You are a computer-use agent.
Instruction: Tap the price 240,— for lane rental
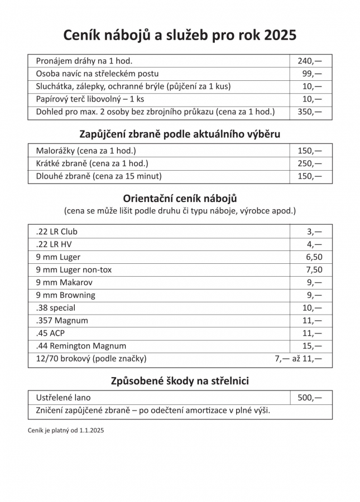tap(310, 61)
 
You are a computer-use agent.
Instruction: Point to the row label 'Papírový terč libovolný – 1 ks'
tap(90, 99)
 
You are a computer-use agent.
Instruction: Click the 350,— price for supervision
tap(310, 112)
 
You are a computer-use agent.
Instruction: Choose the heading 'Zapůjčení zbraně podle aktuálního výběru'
tap(180, 134)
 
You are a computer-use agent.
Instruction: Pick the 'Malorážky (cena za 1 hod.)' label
tap(86, 151)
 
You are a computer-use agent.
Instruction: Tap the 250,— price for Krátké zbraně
tap(310, 163)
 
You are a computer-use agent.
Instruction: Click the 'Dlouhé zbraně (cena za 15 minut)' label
tap(98, 176)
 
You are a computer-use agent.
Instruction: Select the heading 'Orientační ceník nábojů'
tap(180, 198)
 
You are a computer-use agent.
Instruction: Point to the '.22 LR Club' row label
tap(56, 231)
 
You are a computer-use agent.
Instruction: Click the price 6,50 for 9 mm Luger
tap(314, 257)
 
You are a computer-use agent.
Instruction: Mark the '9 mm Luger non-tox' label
tap(74, 269)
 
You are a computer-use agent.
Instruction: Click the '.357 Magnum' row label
tap(62, 321)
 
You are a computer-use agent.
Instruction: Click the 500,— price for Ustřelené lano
tap(310, 398)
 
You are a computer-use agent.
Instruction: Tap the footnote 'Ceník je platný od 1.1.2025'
tap(66, 431)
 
